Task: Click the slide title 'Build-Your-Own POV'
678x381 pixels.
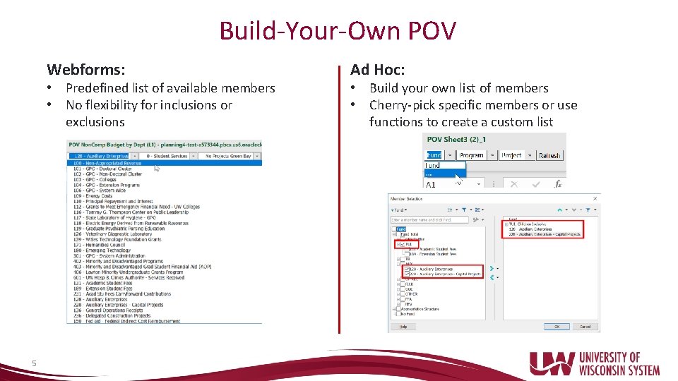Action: [338, 31]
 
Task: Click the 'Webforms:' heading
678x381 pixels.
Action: [86, 69]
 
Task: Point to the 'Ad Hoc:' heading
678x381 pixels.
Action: [377, 69]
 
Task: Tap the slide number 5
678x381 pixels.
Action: [34, 363]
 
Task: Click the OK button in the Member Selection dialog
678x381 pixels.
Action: [557, 327]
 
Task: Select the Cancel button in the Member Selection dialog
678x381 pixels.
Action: [585, 327]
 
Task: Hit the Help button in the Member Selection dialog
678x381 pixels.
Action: [403, 327]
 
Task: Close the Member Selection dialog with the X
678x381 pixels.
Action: [595, 199]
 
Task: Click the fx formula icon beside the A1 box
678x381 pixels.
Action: [558, 183]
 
